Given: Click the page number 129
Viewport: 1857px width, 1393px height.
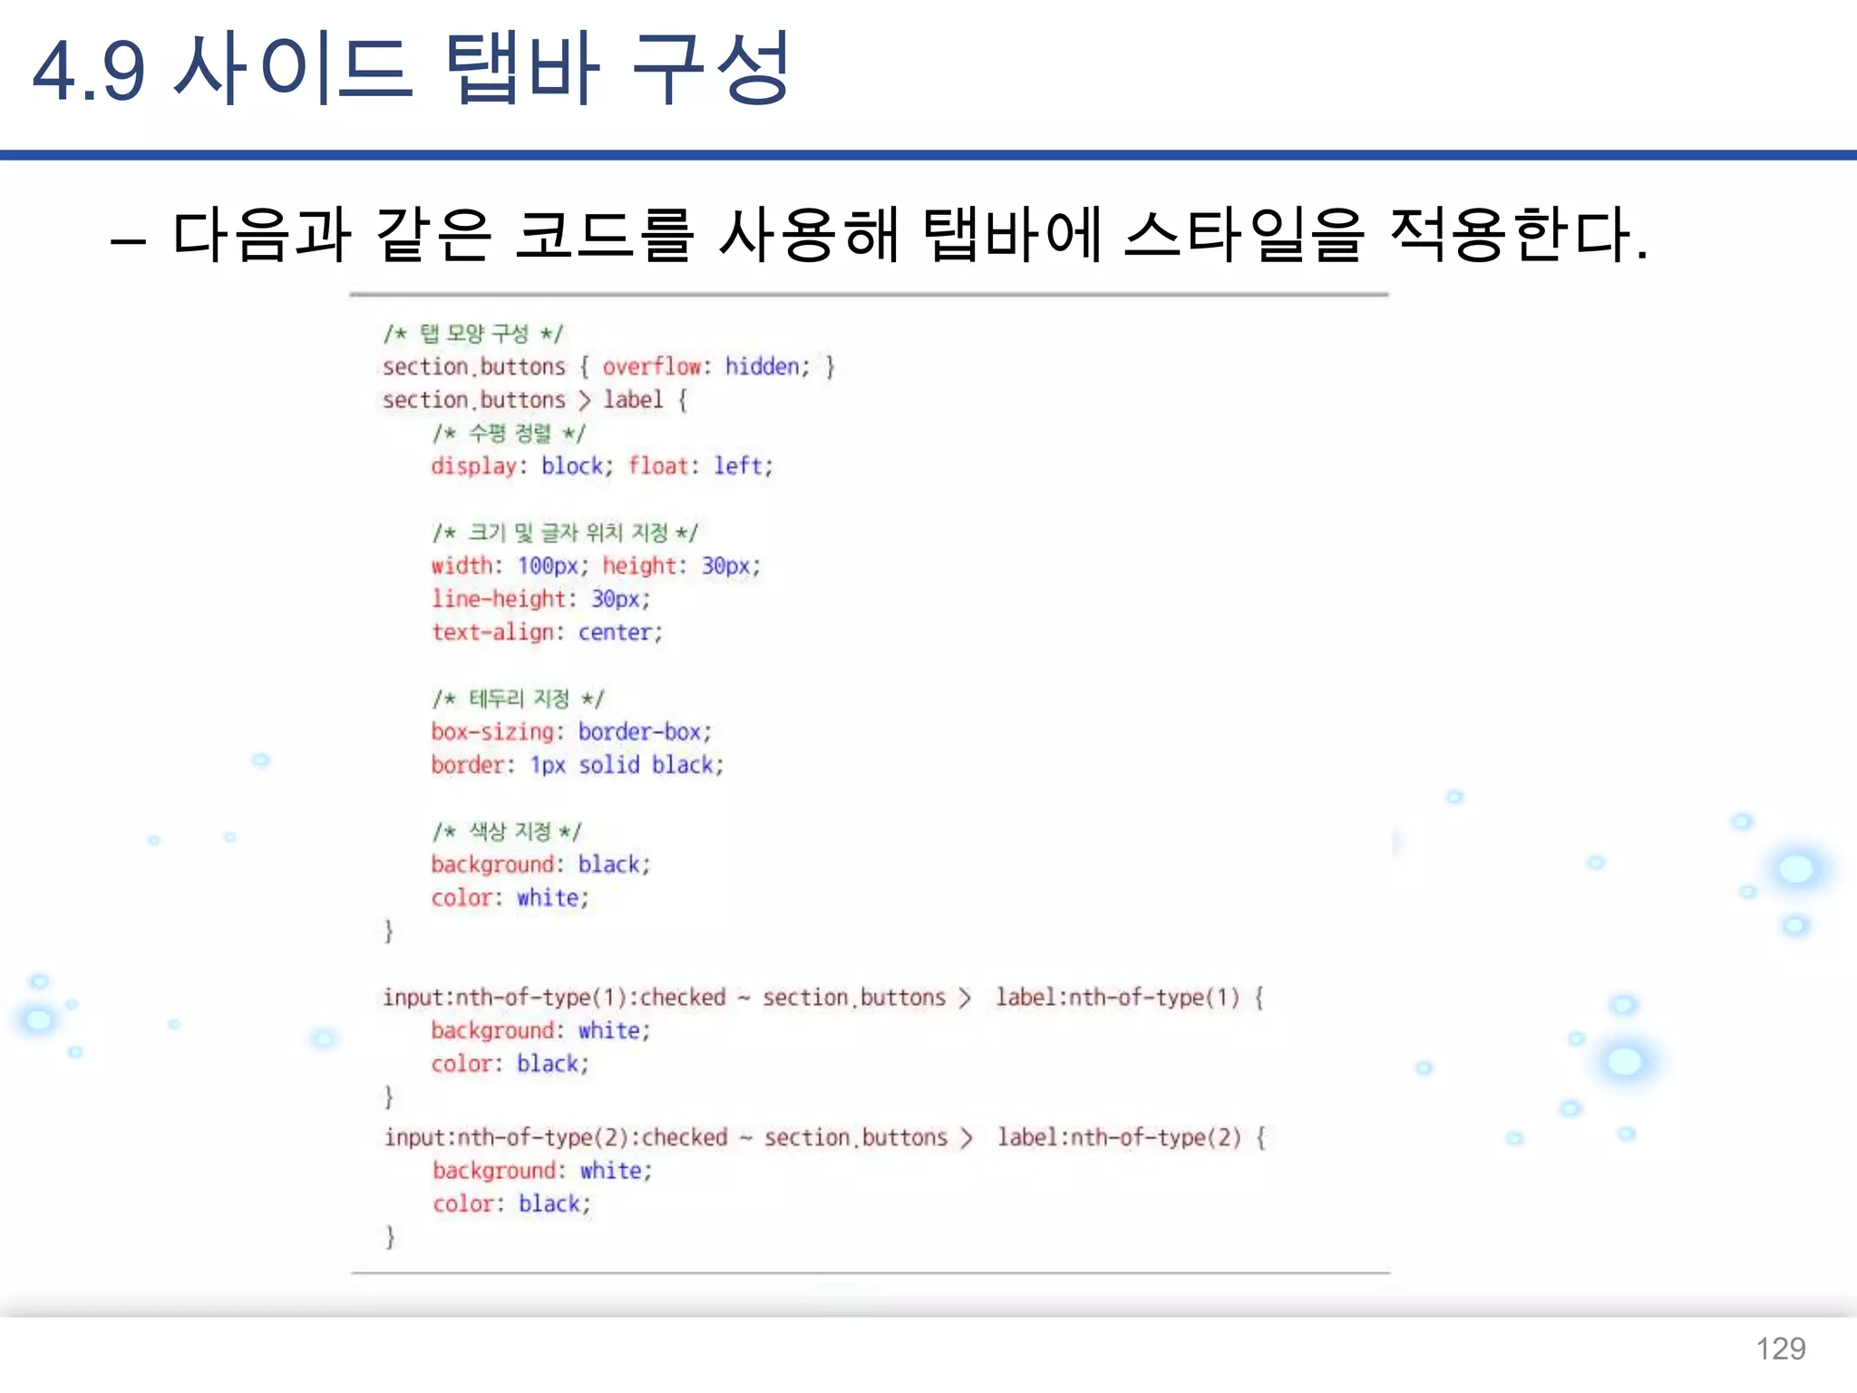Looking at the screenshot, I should coord(1780,1349).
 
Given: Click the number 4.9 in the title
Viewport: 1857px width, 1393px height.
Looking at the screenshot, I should coord(88,71).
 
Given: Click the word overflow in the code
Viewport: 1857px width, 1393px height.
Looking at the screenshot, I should coord(651,366).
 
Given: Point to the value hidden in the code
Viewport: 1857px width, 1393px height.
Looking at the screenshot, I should coord(762,366).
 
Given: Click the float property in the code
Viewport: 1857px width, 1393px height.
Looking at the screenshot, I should coord(658,466).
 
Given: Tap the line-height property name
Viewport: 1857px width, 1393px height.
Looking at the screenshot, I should coord(499,599).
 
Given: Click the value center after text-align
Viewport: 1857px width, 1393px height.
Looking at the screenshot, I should coord(615,633).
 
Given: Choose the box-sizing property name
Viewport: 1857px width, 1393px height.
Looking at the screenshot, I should coord(492,732).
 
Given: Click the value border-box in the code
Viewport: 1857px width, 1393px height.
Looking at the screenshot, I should coord(639,732).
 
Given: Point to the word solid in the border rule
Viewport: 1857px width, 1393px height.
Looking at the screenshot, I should coord(609,765).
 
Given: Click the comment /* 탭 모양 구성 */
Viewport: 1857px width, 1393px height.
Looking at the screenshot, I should coord(472,334).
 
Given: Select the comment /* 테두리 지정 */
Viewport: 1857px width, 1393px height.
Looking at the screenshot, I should coord(518,699).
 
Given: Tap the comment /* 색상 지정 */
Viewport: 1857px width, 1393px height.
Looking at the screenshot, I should coord(507,832).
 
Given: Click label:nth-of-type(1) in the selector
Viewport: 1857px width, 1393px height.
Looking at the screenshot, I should coord(1117,998).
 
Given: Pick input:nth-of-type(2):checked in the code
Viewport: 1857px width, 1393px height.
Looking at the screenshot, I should coord(555,1138).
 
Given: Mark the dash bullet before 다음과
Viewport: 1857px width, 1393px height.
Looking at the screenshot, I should coord(128,241).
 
